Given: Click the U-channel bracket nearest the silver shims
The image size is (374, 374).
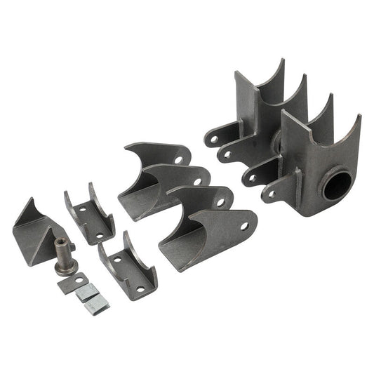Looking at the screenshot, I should point(128,266).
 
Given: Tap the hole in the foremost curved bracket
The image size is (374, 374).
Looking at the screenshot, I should point(244,227).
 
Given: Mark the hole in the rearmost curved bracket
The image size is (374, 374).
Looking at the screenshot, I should point(180,160).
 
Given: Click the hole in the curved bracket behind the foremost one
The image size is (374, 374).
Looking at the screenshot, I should point(220,203).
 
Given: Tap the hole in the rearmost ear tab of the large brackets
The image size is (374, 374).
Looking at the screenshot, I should point(213,139).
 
